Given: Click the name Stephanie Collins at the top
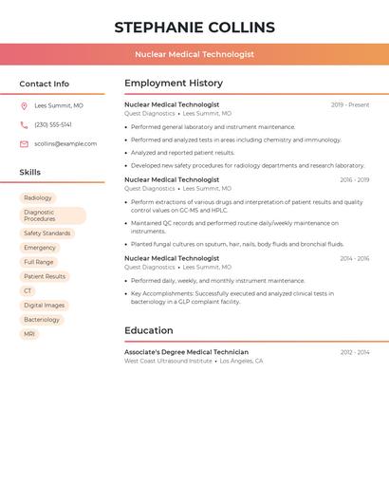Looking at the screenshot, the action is point(194,27).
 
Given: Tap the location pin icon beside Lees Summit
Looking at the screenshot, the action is point(24,106).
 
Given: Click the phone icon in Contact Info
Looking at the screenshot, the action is point(24,125).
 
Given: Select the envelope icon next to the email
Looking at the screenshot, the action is point(24,144).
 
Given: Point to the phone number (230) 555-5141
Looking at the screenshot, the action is point(53,125).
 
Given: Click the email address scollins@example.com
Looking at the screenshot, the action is point(65,144).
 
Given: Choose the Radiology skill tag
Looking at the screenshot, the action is point(38,198).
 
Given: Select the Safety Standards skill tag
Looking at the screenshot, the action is point(46,233).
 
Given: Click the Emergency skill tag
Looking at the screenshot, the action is point(40,248).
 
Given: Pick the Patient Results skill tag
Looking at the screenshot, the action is point(45,276).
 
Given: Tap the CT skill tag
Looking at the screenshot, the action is point(28,291).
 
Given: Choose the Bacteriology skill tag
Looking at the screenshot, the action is point(42,320).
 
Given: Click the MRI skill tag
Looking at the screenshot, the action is point(29,334).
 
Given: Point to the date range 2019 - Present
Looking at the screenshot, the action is point(350,104).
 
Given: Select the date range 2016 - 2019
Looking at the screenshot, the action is point(354,179).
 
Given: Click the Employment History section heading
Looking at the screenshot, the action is point(174,84).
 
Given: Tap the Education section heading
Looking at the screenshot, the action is point(149,330).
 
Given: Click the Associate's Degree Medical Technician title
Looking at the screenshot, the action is point(186,352).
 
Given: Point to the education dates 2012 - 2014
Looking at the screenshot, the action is point(355,352).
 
